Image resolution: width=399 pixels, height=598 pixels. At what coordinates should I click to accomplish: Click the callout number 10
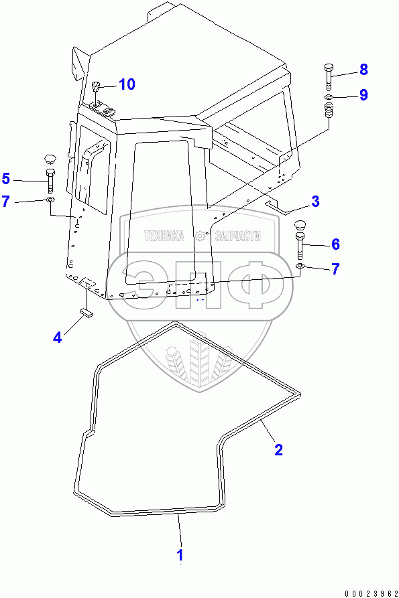pyautogui.click(x=127, y=84)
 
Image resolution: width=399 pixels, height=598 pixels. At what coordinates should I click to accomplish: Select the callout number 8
pyautogui.click(x=363, y=70)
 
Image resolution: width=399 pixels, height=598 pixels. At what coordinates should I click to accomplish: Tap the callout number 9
pyautogui.click(x=363, y=94)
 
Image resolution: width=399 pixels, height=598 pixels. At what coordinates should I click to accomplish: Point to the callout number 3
pyautogui.click(x=315, y=202)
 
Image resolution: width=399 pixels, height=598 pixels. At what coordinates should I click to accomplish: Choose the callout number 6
pyautogui.click(x=335, y=244)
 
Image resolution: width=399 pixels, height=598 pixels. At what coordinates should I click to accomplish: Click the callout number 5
pyautogui.click(x=6, y=179)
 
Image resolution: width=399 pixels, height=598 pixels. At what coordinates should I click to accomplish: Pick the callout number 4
pyautogui.click(x=57, y=337)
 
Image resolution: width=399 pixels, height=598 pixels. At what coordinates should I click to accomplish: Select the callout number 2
pyautogui.click(x=279, y=449)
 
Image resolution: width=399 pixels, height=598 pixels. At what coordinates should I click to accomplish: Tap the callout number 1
pyautogui.click(x=180, y=555)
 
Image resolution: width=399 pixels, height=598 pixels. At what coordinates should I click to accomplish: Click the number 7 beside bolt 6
pyautogui.click(x=335, y=269)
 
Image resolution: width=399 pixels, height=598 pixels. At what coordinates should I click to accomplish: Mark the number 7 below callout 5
pyautogui.click(x=6, y=202)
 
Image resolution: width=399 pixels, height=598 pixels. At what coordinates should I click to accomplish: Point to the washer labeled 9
pyautogui.click(x=329, y=97)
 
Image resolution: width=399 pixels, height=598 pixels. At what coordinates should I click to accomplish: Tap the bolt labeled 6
pyautogui.click(x=300, y=245)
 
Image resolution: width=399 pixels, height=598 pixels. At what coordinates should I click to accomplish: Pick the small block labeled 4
pyautogui.click(x=87, y=313)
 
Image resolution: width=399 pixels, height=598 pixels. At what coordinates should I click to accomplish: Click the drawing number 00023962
pyautogui.click(x=371, y=593)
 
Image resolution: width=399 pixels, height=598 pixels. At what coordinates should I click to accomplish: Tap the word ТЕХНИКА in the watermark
pyautogui.click(x=164, y=236)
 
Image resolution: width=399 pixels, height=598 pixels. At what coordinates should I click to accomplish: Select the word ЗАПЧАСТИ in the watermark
pyautogui.click(x=238, y=236)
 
